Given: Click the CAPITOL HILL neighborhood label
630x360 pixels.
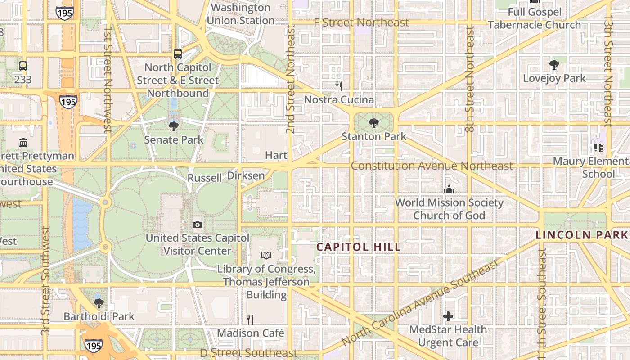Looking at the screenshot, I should (358, 247).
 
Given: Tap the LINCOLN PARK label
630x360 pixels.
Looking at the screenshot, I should (582, 235).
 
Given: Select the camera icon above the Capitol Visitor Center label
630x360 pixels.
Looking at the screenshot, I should (197, 225).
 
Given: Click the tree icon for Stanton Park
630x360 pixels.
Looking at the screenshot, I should (373, 123).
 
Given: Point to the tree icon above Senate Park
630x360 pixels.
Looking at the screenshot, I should (173, 126).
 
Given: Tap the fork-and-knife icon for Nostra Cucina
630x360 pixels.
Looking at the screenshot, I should (339, 86).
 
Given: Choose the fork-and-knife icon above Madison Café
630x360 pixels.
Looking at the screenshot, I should (250, 320).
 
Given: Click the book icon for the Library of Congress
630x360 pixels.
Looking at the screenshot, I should (266, 255).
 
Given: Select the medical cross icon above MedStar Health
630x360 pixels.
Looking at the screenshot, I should (448, 316).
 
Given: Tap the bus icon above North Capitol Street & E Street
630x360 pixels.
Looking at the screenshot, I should (178, 54).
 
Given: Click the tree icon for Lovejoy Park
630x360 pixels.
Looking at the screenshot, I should (554, 65).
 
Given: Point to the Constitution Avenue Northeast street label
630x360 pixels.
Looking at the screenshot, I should (432, 166).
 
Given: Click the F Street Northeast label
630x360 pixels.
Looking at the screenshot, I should (361, 22).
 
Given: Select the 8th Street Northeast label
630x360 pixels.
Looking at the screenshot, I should (470, 79).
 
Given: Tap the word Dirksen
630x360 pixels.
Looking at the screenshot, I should (246, 175).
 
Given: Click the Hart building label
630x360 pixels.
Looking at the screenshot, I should (276, 155).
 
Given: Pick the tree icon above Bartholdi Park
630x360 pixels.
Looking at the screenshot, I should (99, 303).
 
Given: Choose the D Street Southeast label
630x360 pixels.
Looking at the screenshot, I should (249, 353).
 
